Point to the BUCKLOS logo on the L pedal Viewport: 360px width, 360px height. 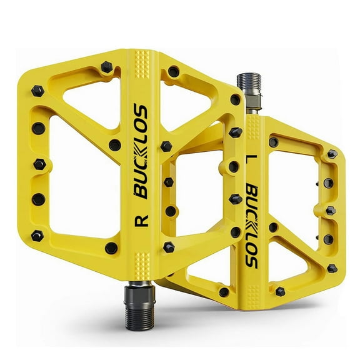(251, 225)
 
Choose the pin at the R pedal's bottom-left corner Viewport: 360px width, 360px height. (37, 236)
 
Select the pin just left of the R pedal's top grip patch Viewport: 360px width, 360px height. (106, 66)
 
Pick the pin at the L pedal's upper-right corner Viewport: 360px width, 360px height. (332, 154)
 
